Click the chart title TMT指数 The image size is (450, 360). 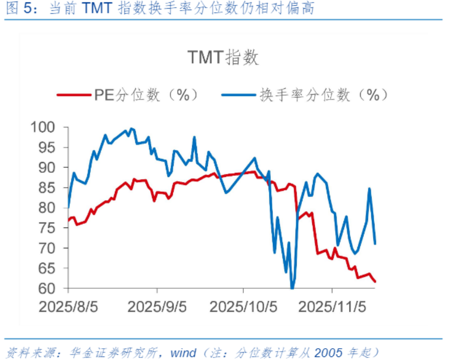pos(223,57)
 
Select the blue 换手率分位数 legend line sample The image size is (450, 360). pos(238,95)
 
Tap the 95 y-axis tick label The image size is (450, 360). pos(50,148)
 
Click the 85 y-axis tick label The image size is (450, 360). pos(50,188)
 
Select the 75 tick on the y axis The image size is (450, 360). pos(50,228)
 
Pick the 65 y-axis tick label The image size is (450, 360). pos(50,268)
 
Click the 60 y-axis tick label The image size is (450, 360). pos(50,289)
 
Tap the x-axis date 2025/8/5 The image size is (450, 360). pos(68,307)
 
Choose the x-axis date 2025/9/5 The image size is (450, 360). pos(157,307)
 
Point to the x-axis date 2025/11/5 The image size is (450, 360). pos(332,307)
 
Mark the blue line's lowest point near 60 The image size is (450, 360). pos(292,288)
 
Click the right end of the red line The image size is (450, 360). pos(375,281)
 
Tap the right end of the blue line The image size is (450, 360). pos(375,243)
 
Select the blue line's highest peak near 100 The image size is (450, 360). pos(131,129)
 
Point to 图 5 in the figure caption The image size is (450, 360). pos(16,8)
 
